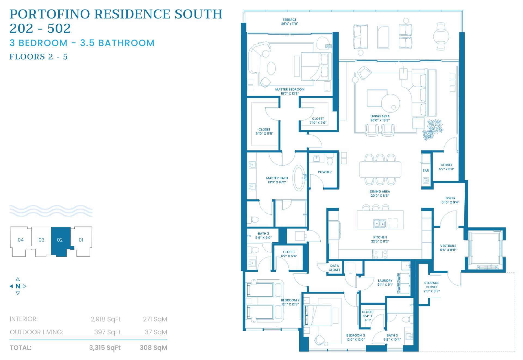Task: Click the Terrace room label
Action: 290,20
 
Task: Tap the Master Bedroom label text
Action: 290,89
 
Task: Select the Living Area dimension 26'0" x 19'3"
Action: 380,120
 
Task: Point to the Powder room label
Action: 325,172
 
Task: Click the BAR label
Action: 425,170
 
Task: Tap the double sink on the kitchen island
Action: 379,224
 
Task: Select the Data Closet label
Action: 335,268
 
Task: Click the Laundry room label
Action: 385,280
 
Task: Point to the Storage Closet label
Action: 432,285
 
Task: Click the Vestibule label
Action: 448,246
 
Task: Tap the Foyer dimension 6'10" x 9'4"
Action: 450,202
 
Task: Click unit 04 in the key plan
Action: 21,240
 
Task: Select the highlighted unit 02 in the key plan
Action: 60,240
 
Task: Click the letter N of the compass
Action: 18,286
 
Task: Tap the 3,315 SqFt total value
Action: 105,348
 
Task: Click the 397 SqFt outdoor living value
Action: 107,332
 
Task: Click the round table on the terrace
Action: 441,36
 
